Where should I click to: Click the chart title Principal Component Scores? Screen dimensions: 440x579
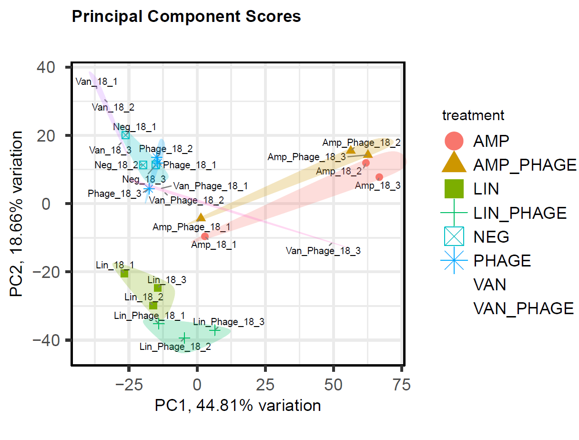click(x=186, y=17)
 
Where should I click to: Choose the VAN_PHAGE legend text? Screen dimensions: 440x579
click(x=523, y=309)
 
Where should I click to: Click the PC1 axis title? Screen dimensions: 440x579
click(x=237, y=406)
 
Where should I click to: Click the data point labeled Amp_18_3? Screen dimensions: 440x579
click(x=379, y=177)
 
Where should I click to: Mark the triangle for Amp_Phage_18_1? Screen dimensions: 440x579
click(x=201, y=217)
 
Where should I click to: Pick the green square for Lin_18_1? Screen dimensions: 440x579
click(x=124, y=274)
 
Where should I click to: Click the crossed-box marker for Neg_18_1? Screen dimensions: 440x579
click(x=125, y=135)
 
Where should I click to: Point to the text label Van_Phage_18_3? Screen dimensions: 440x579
click(x=323, y=251)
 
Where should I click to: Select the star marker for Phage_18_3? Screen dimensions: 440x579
click(x=149, y=189)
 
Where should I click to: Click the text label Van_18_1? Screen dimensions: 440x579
click(x=97, y=82)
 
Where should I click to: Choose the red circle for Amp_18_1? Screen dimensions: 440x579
click(x=205, y=236)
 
